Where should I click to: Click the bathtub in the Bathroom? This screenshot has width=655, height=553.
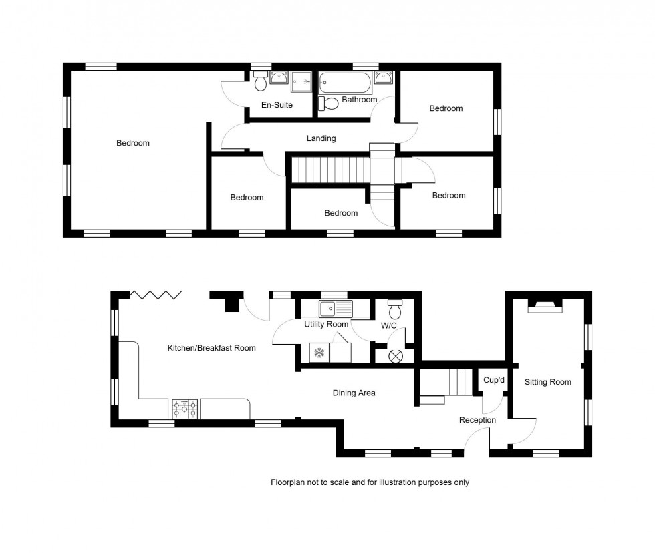point(344,83)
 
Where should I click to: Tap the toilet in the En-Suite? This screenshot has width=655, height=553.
point(261,81)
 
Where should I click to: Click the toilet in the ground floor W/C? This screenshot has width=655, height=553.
point(394,311)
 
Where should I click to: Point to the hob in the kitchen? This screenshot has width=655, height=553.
point(185,409)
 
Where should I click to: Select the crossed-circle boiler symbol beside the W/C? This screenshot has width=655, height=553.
point(395,355)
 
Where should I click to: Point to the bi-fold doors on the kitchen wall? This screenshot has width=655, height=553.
point(156,295)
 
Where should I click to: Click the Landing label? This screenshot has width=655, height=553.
point(321,138)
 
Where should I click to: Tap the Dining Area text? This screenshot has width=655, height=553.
point(354,393)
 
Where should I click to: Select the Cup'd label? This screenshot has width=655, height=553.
point(493,379)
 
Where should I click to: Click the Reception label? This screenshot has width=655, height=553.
point(477,420)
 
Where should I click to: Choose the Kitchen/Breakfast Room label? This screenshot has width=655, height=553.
point(211,348)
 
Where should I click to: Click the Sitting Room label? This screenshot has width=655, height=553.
point(547,382)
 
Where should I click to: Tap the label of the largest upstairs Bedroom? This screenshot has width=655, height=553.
point(133,143)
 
